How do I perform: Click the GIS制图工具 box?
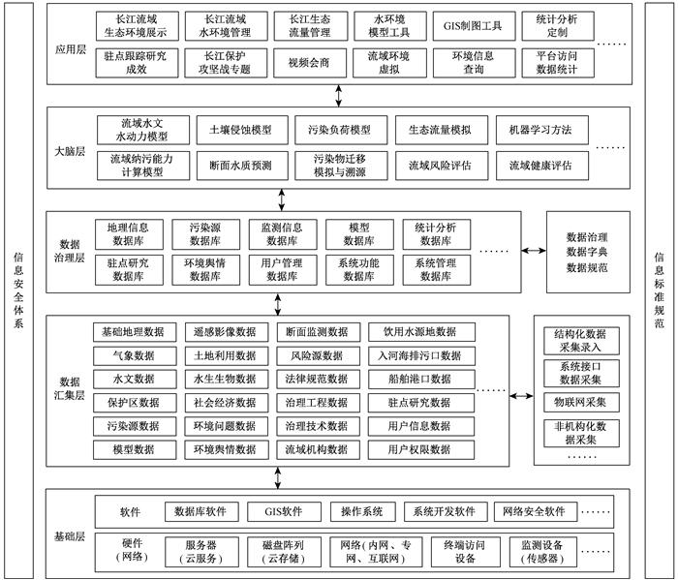[474, 26]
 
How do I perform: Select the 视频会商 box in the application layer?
[310, 63]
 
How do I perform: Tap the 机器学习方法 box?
[541, 130]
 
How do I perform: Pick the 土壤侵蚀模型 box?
[242, 130]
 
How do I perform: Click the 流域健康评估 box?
[541, 166]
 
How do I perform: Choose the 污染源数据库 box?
[205, 234]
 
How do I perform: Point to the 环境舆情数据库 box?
[205, 270]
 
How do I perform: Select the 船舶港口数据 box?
[421, 379]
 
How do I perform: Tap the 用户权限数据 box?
[421, 450]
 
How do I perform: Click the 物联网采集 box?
[581, 403]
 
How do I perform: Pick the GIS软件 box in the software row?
[284, 511]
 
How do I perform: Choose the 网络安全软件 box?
[536, 511]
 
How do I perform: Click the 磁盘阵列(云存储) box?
[284, 552]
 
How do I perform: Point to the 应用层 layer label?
[71, 49]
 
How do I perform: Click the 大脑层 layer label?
[70, 151]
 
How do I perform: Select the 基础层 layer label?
[69, 536]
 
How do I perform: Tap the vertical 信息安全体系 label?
[18, 290]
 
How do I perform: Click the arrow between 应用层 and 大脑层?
[339, 96]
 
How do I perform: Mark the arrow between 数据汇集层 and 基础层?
[278, 477]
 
